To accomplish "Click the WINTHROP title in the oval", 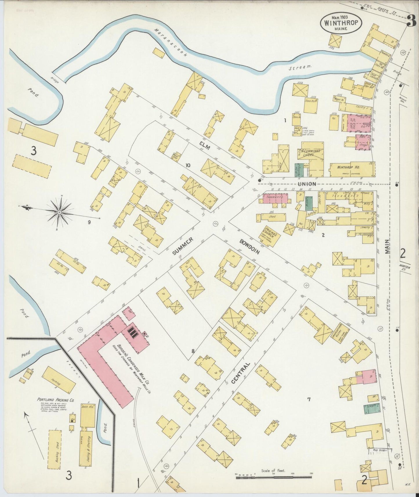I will (341, 23).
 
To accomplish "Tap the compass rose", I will (59, 213).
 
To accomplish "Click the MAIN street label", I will (388, 247).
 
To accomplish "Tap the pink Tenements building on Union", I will (275, 198).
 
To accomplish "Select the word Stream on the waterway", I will (300, 67).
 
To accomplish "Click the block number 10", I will (188, 165).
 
